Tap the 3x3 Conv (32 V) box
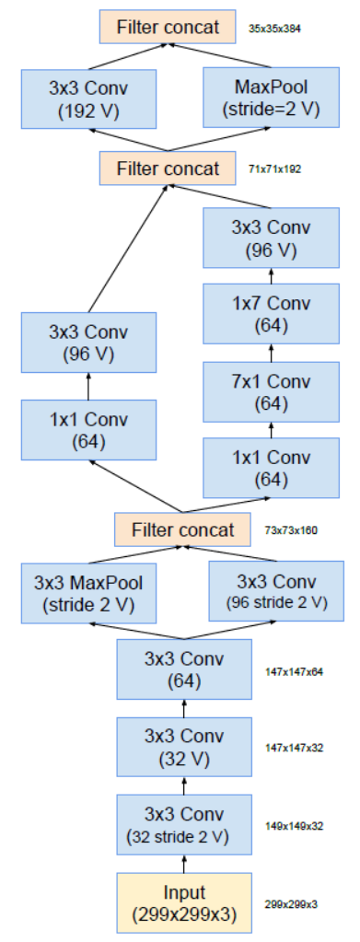point(183,747)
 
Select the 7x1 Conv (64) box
point(271,391)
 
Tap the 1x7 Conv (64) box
point(271,313)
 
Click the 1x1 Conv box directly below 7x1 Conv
point(271,468)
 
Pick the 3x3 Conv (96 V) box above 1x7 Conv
point(271,238)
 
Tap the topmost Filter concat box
point(168,28)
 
